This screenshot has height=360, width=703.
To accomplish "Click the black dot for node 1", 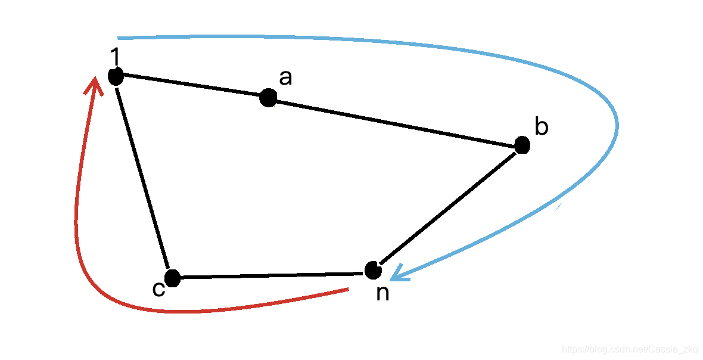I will coord(116,76).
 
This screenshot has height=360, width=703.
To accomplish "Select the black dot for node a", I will coord(268,97).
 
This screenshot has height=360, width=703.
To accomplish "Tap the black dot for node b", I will coord(522,145).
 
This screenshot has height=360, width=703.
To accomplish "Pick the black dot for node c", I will coord(172,278).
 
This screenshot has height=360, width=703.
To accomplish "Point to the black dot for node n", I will coord(373,270).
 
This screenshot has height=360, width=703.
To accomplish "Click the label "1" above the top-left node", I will coord(116,57).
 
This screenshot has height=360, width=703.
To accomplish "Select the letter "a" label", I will coord(286,77).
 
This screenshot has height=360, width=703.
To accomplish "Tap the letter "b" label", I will coord(541,126).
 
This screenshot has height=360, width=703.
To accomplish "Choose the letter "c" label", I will coord(158,289).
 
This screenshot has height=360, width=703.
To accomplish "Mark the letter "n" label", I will coord(382,293).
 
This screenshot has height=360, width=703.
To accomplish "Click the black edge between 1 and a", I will coord(191,86).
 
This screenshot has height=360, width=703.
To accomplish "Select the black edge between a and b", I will coord(393,121).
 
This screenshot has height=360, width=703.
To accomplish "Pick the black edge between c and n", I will coord(271,275).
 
